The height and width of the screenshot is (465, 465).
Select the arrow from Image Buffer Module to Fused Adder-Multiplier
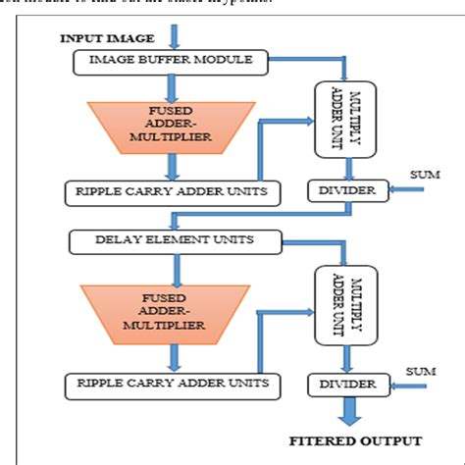[174, 86]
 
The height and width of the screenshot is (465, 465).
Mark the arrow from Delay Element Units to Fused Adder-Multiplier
[174, 267]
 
